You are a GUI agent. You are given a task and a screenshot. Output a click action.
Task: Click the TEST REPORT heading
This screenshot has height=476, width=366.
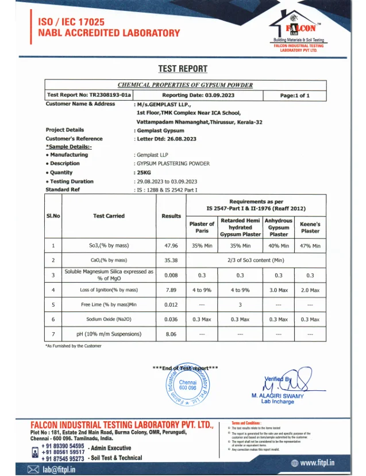(183, 69)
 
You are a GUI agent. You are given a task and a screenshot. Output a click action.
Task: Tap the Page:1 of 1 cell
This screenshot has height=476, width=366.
(294, 95)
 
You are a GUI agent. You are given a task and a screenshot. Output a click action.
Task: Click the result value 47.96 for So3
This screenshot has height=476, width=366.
(171, 246)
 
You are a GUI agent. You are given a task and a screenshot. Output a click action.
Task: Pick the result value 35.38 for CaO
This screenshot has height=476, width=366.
(171, 260)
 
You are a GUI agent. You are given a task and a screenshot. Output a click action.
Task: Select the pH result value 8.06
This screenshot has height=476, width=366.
(171, 334)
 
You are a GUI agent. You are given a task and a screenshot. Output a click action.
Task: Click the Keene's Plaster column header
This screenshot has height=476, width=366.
(310, 227)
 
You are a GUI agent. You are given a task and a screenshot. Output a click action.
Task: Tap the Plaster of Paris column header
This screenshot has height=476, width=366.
(202, 227)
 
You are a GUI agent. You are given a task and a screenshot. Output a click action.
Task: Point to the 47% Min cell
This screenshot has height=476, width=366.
(310, 246)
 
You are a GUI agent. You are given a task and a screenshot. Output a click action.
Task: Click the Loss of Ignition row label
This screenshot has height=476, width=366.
(109, 290)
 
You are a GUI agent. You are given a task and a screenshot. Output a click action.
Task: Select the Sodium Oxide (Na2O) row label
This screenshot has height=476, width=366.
(109, 319)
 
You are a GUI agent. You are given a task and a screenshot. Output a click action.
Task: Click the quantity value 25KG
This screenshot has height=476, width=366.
(143, 173)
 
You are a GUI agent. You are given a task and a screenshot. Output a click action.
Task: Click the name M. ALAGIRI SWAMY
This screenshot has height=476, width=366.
(278, 396)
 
